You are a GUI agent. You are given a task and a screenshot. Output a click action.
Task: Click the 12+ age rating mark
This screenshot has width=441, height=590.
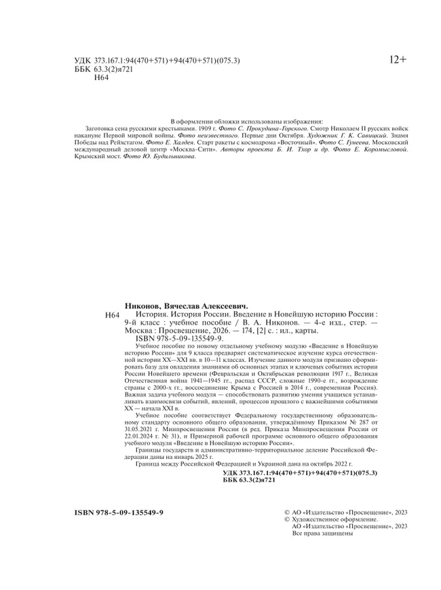[x=398, y=60]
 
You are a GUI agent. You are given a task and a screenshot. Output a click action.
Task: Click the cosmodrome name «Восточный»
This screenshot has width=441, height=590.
[x=298, y=143]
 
